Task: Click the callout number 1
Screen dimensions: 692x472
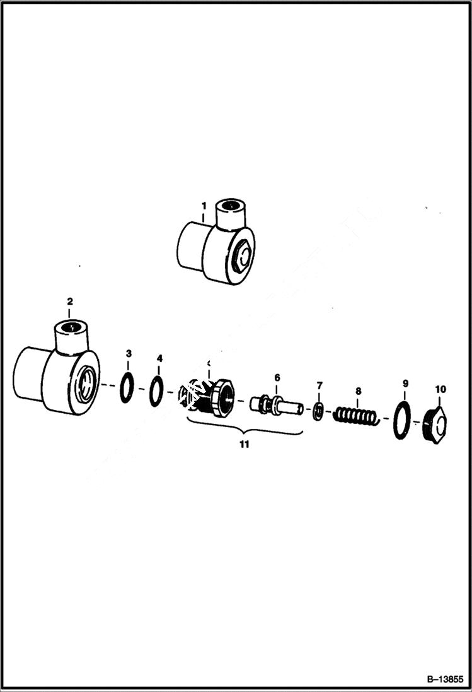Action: (x=204, y=206)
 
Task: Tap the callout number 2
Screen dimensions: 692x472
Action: (x=70, y=301)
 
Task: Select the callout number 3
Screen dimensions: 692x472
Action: (x=129, y=353)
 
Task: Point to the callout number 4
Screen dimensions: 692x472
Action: (x=159, y=358)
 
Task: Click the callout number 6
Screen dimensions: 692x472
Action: (x=277, y=377)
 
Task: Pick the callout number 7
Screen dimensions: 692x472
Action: (x=319, y=385)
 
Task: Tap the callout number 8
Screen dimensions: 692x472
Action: (x=358, y=390)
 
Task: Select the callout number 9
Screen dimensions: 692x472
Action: (x=405, y=383)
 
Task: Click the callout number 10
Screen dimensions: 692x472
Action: (x=440, y=389)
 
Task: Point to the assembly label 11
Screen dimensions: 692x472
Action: (x=244, y=444)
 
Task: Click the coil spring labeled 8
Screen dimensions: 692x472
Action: (x=356, y=416)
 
